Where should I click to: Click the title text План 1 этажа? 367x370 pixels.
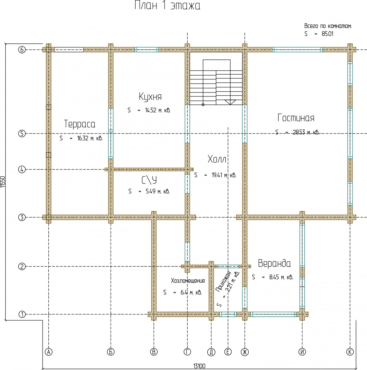(x=167, y=6)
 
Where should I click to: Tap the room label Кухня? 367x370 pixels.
(x=150, y=97)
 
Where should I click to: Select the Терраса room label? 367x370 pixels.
(x=80, y=124)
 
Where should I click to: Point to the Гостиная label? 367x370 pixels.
(x=296, y=118)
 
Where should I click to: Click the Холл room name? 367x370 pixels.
(x=217, y=159)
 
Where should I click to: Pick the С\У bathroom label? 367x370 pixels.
(x=149, y=180)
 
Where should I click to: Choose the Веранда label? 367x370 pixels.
(x=274, y=264)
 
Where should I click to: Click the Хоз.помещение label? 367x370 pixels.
(x=188, y=281)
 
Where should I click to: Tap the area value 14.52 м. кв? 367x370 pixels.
(x=157, y=110)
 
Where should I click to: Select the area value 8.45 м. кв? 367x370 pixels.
(x=281, y=277)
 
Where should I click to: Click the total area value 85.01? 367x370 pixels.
(x=328, y=34)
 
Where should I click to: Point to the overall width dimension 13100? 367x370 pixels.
(x=199, y=366)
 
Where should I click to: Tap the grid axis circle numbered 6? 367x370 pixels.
(x=22, y=50)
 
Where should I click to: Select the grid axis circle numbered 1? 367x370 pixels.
(x=22, y=314)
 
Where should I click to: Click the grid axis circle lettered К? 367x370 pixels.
(x=350, y=351)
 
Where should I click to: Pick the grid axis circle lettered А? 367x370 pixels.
(x=48, y=351)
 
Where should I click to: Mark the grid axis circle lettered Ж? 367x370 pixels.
(x=245, y=351)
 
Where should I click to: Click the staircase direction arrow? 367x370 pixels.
(x=230, y=102)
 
